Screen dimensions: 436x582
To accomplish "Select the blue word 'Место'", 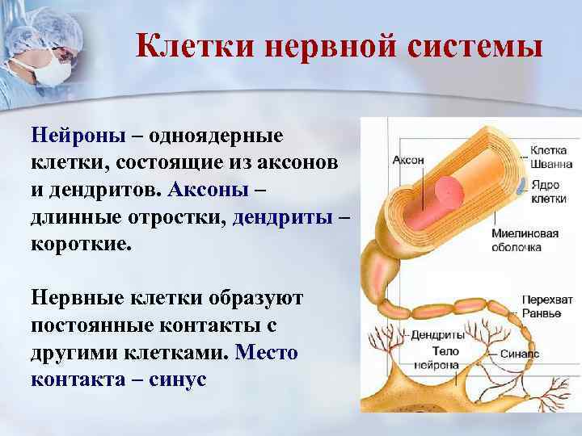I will click(266, 353).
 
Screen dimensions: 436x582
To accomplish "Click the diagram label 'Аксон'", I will click(408, 160).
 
